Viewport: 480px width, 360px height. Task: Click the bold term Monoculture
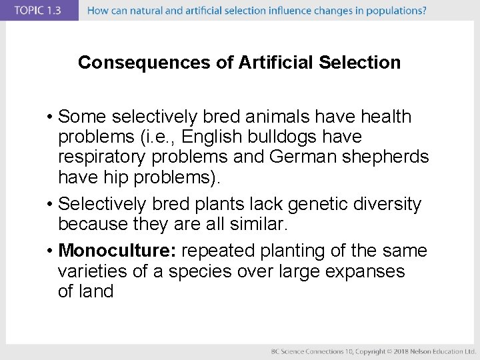pyautogui.click(x=117, y=251)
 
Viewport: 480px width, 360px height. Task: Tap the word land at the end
pyautogui.click(x=97, y=291)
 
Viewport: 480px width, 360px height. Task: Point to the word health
pyautogui.click(x=386, y=117)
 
